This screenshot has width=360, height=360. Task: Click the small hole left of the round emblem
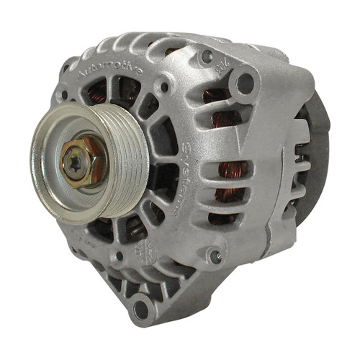pyautogui.click(x=119, y=255)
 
